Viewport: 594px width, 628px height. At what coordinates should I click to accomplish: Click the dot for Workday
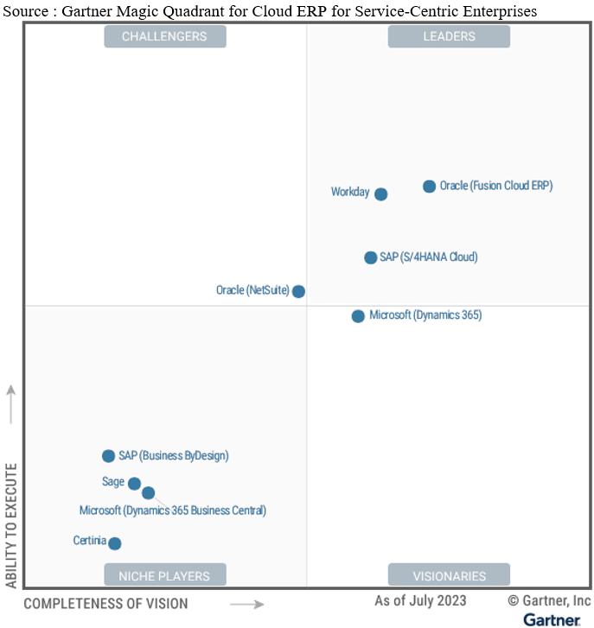pyautogui.click(x=380, y=194)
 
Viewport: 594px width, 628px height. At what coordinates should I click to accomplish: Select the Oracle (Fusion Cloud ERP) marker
pyautogui.click(x=429, y=187)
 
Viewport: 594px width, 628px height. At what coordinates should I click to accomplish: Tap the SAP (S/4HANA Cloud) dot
pyautogui.click(x=371, y=257)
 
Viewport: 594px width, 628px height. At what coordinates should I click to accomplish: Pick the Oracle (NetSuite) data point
pyautogui.click(x=298, y=291)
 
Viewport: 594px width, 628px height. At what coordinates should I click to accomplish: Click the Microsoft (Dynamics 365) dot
pyautogui.click(x=358, y=316)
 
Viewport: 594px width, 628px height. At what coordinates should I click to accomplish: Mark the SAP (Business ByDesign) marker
pyautogui.click(x=108, y=456)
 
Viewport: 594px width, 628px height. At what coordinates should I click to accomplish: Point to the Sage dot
pyautogui.click(x=134, y=484)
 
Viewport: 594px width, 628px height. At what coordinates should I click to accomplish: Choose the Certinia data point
pyautogui.click(x=114, y=543)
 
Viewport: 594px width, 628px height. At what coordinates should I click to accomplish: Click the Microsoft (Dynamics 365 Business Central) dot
pyautogui.click(x=148, y=493)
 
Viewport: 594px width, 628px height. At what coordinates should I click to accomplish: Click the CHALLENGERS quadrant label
pyautogui.click(x=164, y=36)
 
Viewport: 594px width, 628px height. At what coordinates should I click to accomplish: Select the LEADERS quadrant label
pyautogui.click(x=449, y=36)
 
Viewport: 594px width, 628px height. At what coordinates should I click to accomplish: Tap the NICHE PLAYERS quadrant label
pyautogui.click(x=164, y=575)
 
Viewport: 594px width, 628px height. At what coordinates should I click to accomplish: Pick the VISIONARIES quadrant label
pyautogui.click(x=449, y=575)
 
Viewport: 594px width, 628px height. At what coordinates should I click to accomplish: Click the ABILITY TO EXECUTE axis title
pyautogui.click(x=11, y=525)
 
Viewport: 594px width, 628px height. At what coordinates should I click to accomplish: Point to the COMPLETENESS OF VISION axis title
pyautogui.click(x=105, y=604)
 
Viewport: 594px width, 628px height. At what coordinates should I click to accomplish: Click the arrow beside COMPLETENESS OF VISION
pyautogui.click(x=246, y=604)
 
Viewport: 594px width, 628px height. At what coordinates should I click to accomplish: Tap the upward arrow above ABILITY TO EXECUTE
pyautogui.click(x=11, y=404)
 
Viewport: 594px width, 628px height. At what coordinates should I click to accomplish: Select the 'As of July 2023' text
pyautogui.click(x=420, y=600)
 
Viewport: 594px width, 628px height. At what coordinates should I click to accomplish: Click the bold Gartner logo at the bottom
pyautogui.click(x=552, y=619)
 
